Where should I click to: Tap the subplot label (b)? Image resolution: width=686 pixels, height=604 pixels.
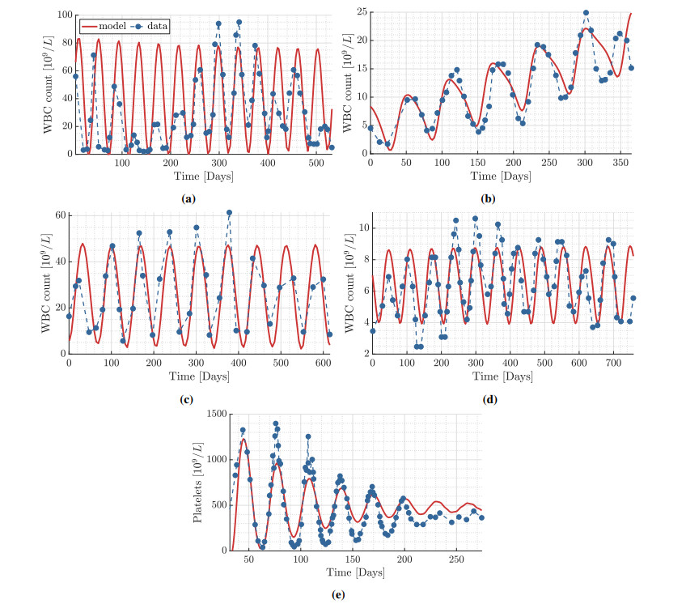click(x=501, y=198)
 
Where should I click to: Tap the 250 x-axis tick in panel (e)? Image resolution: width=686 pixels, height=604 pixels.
click(x=455, y=560)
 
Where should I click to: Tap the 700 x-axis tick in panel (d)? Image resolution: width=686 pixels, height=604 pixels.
click(x=612, y=364)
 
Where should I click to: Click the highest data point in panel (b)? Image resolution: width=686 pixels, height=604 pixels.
click(x=586, y=13)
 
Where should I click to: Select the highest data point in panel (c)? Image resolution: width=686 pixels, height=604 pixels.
click(x=229, y=213)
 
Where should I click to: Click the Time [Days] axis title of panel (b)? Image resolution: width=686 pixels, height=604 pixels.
click(x=501, y=177)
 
